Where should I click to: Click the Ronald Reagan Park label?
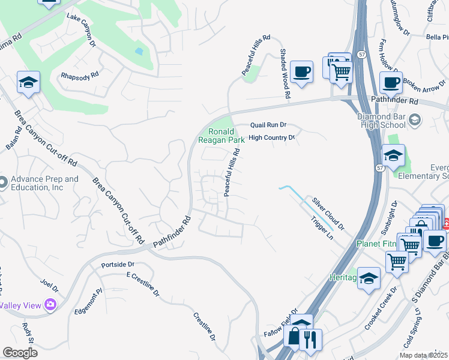pyautogui.click(x=221, y=135)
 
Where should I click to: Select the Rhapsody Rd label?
pyautogui.click(x=79, y=76)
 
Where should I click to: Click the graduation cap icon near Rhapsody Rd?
pyautogui.click(x=28, y=82)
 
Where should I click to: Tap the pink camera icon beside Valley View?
pyautogui.click(x=50, y=305)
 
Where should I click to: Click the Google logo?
pyautogui.click(x=20, y=353)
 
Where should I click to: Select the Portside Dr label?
pyautogui.click(x=118, y=264)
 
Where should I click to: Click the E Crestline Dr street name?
pyautogui.click(x=142, y=284)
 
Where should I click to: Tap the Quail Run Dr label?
pyautogui.click(x=268, y=125)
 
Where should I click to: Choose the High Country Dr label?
pyautogui.click(x=272, y=137)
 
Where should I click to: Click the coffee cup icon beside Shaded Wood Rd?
pyautogui.click(x=301, y=71)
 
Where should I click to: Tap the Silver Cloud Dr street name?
pyautogui.click(x=327, y=213)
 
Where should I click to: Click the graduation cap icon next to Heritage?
pyautogui.click(x=369, y=278)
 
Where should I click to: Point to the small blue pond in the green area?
pyautogui.click(x=139, y=51)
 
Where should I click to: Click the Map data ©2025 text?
pyautogui.click(x=422, y=355)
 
